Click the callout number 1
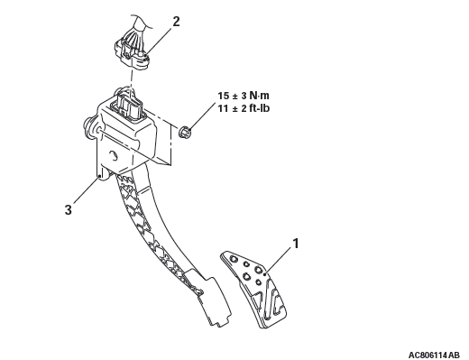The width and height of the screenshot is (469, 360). (296, 244)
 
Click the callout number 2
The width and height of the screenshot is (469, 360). (176, 22)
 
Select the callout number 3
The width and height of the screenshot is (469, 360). (69, 209)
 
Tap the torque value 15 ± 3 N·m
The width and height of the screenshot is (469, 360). (244, 96)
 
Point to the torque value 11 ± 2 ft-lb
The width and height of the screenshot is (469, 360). (244, 108)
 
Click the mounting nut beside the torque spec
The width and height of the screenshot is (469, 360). (185, 133)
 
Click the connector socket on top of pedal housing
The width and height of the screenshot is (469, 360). (128, 105)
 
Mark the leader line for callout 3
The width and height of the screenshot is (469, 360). (86, 190)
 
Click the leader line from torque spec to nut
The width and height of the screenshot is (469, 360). (204, 116)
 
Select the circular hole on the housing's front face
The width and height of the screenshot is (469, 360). (114, 156)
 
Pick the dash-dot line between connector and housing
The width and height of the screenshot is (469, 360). (132, 78)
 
